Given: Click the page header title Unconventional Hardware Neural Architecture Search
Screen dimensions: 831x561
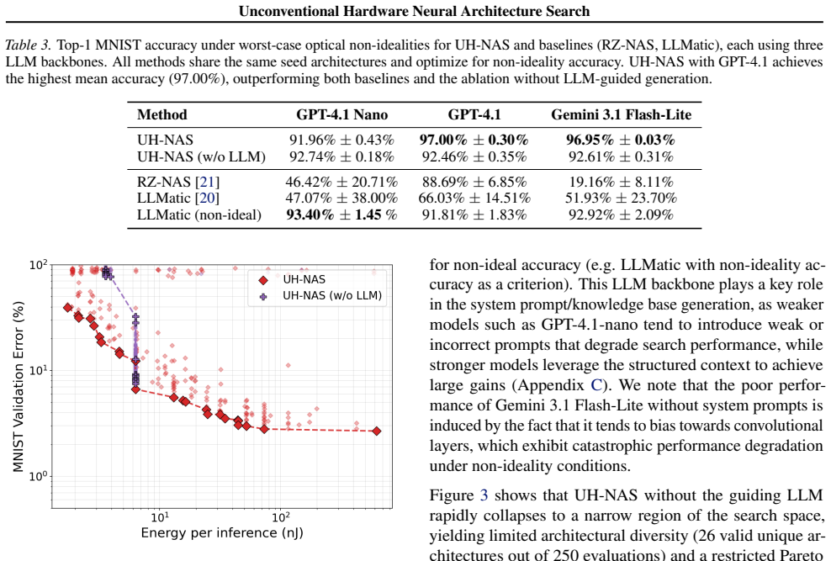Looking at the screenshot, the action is click(x=414, y=11).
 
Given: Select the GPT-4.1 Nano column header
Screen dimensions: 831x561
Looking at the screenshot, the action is click(x=341, y=114).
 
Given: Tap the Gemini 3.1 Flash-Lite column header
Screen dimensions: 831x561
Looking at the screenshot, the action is click(x=621, y=114).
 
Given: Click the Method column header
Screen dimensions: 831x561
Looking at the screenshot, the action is click(x=162, y=114).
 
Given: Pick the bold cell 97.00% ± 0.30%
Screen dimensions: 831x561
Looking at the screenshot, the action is click(x=474, y=140).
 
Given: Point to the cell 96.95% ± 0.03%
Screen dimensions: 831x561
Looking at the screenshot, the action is click(x=621, y=140).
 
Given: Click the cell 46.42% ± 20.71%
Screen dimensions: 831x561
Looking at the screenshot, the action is click(x=341, y=182).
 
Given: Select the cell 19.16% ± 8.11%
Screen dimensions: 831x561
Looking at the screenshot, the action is click(x=621, y=182).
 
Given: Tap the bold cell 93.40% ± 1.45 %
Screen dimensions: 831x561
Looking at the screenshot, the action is click(x=341, y=214).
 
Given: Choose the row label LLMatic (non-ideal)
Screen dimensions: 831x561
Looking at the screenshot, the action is click(x=199, y=214).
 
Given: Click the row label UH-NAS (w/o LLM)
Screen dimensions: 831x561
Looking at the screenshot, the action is click(x=201, y=156).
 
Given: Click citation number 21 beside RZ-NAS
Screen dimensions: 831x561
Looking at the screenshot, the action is click(x=207, y=182).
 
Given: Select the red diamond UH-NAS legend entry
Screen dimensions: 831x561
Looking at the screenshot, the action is click(x=292, y=279).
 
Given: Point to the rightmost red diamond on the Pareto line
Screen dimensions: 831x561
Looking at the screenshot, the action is click(x=377, y=431).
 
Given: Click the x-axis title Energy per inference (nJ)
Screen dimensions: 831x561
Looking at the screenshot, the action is click(x=222, y=533).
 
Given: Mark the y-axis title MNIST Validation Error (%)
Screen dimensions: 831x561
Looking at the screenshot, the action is click(x=19, y=386).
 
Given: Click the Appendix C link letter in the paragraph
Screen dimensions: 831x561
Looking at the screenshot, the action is click(x=596, y=384).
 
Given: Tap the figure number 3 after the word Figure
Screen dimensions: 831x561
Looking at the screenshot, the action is click(x=484, y=495).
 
